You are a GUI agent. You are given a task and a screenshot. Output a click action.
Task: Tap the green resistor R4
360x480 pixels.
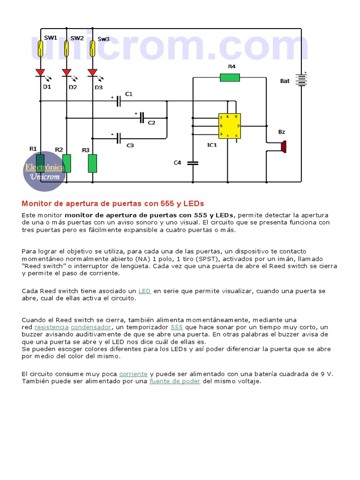tap(230, 77)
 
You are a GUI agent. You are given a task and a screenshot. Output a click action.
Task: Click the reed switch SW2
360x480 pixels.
tap(67, 48)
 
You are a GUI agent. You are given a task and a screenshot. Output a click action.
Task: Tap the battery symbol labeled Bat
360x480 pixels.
tap(301, 80)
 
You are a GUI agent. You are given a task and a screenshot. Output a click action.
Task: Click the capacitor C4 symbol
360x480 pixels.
tap(193, 163)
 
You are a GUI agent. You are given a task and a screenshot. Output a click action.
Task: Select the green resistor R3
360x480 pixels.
tap(92, 163)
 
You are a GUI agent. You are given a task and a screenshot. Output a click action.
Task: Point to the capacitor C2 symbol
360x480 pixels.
tap(142, 118)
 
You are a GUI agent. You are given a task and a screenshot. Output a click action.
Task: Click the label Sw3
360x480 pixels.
tap(103, 39)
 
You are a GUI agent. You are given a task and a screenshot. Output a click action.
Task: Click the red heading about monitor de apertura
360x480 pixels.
tap(113, 203)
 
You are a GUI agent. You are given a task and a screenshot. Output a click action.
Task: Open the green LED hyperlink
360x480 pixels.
tap(144, 291)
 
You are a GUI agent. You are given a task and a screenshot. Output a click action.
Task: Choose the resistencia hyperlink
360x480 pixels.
tap(52, 327)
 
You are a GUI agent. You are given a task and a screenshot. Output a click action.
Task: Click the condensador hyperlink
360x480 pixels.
tap(91, 327)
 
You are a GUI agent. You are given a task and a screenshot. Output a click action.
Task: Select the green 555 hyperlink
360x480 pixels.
tap(177, 327)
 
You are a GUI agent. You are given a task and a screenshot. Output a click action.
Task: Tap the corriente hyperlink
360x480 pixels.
tap(133, 374)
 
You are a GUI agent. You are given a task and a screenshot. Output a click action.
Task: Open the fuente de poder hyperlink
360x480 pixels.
tap(175, 382)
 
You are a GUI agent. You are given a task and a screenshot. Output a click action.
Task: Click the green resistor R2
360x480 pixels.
tap(67, 163)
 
